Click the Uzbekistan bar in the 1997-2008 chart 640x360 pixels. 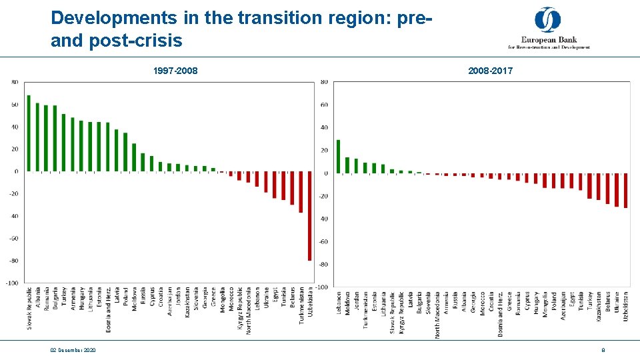309,215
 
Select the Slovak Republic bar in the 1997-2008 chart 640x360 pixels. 29,133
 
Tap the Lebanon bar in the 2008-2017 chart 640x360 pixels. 339,157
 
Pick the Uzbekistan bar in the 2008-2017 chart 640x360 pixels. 625,191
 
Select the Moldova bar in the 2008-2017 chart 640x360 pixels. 347,165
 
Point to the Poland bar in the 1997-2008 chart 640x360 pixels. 125,152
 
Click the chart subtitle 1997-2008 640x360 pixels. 175,71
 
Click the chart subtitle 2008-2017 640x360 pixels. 490,71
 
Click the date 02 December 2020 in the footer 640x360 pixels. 73,350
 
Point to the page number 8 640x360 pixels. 603,350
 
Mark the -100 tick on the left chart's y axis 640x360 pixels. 12,283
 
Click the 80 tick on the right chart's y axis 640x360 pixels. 324,82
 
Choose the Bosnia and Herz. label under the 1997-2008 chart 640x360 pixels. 107,310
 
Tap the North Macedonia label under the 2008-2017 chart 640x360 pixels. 437,314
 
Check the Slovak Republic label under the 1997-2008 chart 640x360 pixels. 29,308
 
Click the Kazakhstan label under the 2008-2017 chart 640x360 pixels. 599,307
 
